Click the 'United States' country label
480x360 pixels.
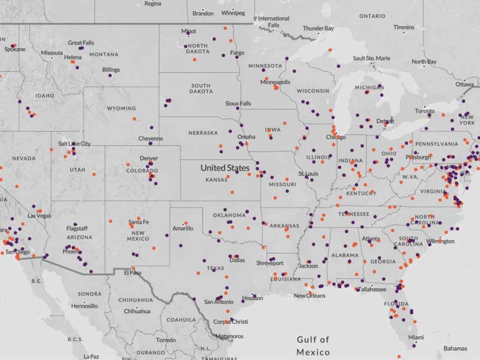pos(225,168)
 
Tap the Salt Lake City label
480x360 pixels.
pos(74,144)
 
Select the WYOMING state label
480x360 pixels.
pos(121,108)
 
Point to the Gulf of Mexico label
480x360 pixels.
pos(313,346)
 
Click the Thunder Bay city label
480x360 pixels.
pos(318,28)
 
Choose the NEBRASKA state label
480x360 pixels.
pos(203,133)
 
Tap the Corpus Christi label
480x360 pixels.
pos(230,322)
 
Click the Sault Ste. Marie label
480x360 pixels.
pos(371,58)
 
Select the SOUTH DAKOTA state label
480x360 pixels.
pos(201,88)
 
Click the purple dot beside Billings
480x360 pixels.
pos(110,75)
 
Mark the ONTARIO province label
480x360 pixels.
pos(372,16)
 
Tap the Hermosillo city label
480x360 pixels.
pos(84,306)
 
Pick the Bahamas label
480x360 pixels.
pos(455,348)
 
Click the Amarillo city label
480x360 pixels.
pos(183,228)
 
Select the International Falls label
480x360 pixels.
pos(273,22)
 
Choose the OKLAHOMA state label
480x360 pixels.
pos(229,215)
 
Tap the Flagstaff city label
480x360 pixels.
pos(77,228)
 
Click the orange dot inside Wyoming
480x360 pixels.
pos(134,119)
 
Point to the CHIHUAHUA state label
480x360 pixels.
pos(135,300)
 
